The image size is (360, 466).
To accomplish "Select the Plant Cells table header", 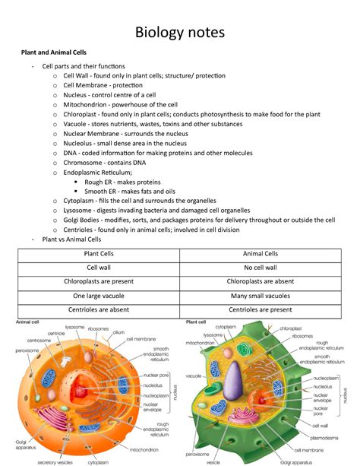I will tap(98, 255).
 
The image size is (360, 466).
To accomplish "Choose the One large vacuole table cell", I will tap(98, 296).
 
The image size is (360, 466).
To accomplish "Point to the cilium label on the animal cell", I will tap(118, 333).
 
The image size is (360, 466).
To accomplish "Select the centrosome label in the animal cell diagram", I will tap(37, 341).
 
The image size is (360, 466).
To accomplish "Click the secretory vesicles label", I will tap(54, 461).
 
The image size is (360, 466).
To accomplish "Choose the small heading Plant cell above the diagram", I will tap(197, 322).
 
